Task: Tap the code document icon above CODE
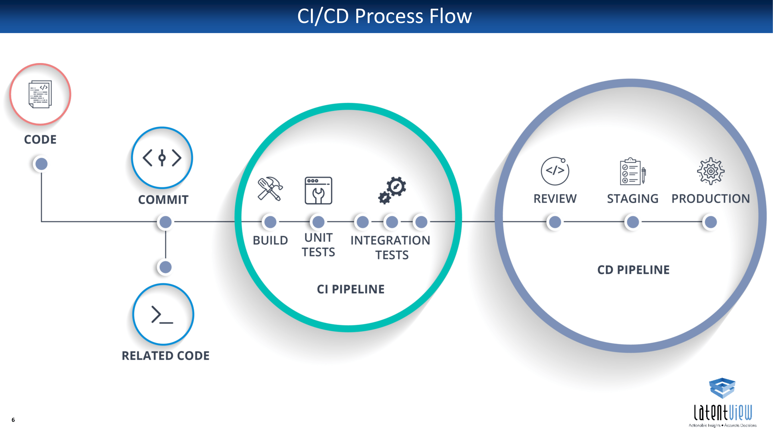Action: tap(40, 94)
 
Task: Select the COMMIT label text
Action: tap(163, 200)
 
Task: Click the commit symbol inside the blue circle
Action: tap(162, 158)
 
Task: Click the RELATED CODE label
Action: tap(165, 356)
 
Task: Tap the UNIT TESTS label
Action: tap(318, 245)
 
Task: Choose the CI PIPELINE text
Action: tap(351, 289)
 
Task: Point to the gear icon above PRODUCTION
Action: tap(711, 171)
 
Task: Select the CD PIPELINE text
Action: tap(633, 270)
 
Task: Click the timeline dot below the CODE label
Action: tap(41, 164)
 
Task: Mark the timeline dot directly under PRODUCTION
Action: tap(711, 222)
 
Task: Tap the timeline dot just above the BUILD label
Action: tap(270, 222)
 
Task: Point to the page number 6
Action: tap(13, 420)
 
